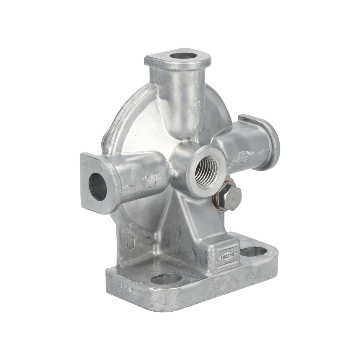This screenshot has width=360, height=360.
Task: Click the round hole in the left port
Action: (98, 186)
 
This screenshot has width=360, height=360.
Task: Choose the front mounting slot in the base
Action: (166, 278)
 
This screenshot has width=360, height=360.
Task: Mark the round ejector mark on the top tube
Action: (198, 107)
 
